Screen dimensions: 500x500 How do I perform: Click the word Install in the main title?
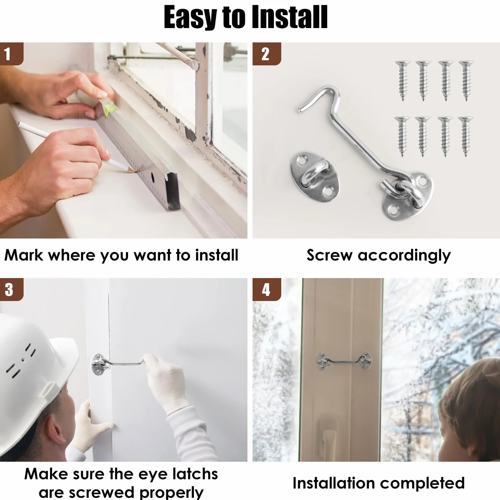click(290, 18)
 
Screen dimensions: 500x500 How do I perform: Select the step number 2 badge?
click(266, 54)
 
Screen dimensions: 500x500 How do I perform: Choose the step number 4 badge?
click(266, 289)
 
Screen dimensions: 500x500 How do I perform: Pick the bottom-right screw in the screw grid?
click(466, 137)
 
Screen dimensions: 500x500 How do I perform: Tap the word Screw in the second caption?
click(329, 255)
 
